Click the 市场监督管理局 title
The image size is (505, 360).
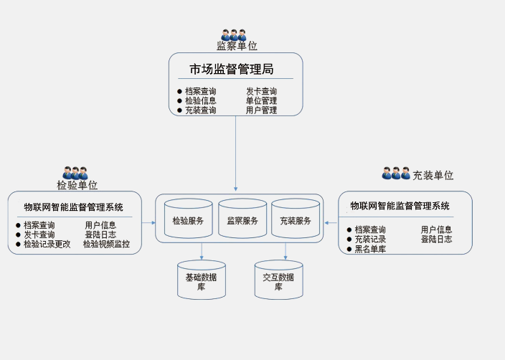232,70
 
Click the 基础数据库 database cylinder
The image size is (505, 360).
202,280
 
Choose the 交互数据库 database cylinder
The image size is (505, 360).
278,280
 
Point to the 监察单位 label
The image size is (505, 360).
237,46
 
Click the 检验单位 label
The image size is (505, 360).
77,184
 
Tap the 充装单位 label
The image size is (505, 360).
433,175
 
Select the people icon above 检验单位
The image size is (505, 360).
75,172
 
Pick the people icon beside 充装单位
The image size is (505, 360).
396,173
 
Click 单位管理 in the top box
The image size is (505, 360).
261,101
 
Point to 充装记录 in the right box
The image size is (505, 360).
370,240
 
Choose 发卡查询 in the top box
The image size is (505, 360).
261,92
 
